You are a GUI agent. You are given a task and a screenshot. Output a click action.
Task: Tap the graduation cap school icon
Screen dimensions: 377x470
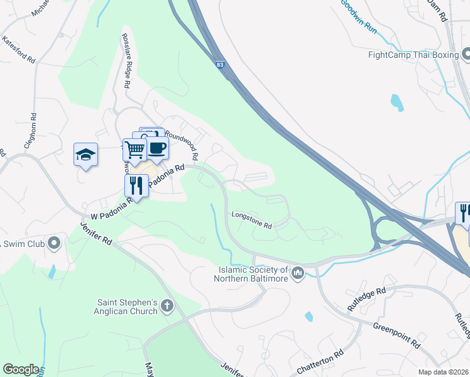[x=86, y=155]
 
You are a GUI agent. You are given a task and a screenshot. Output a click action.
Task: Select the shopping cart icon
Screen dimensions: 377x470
[x=135, y=150]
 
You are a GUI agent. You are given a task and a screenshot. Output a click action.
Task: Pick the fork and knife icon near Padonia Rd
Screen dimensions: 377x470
[x=136, y=185]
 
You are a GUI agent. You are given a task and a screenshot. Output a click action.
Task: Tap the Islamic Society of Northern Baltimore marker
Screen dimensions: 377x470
[x=298, y=273]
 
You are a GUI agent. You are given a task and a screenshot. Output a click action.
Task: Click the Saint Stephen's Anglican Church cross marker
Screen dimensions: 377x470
[x=167, y=306]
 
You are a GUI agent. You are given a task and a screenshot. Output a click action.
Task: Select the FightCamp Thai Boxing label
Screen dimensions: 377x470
[x=413, y=55]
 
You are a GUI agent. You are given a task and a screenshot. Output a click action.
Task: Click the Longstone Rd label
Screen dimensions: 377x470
[x=251, y=220]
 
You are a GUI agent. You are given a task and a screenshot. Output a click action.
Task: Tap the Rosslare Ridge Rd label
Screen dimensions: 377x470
[x=126, y=60]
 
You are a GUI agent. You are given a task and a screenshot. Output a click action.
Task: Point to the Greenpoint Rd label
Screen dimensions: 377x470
[x=396, y=336]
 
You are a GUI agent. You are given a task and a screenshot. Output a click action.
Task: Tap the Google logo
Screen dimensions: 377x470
[x=21, y=369]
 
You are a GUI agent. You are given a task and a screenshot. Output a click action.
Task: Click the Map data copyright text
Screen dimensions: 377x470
[x=444, y=372]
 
